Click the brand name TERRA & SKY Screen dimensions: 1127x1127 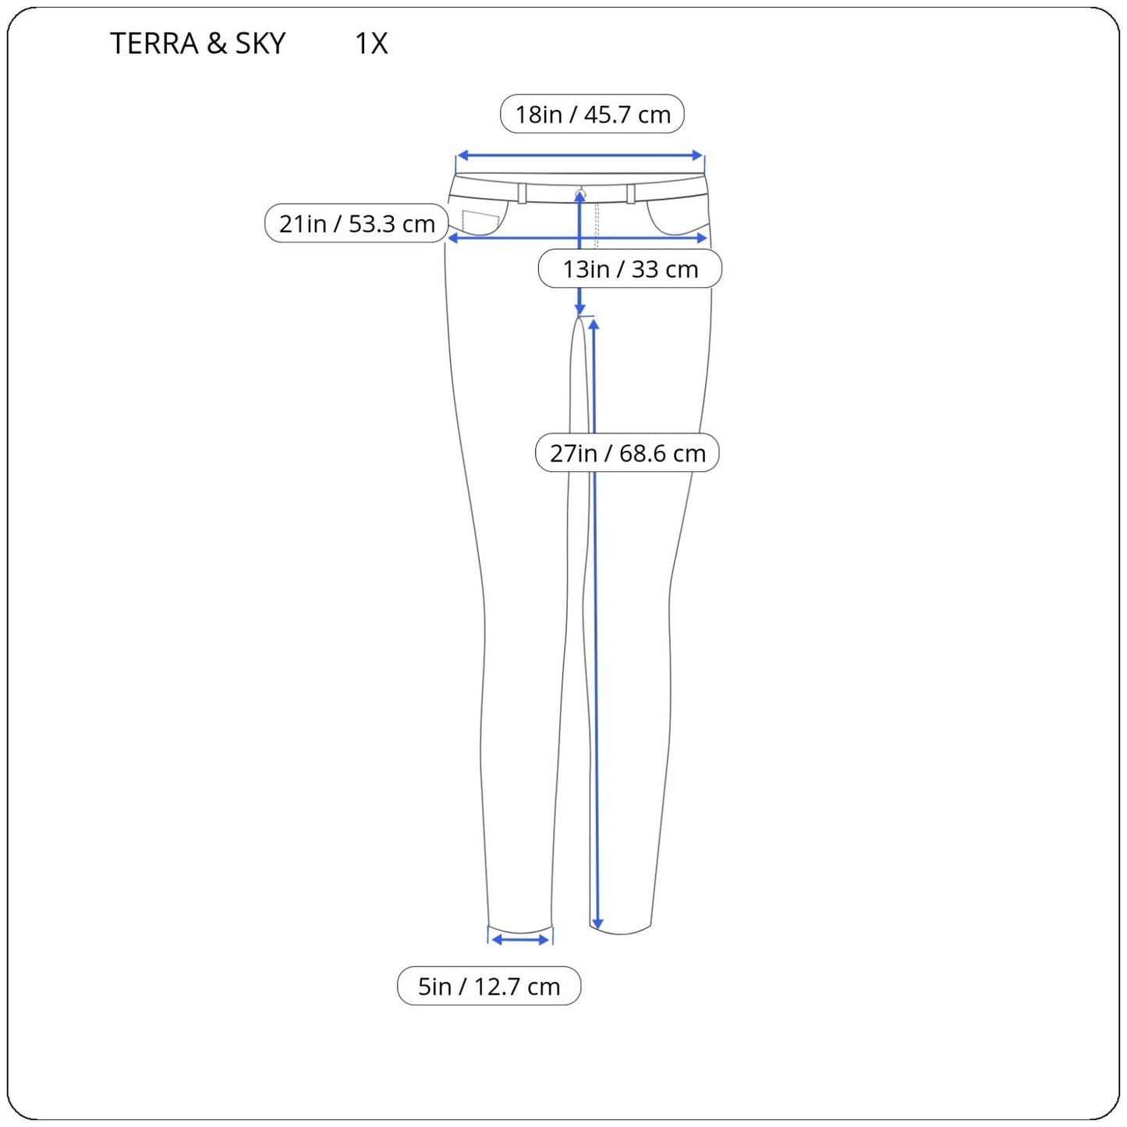tap(197, 43)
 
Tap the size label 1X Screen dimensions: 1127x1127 tap(371, 43)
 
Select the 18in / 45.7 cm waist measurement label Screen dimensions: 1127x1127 tap(592, 114)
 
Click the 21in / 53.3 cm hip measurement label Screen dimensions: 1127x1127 tap(356, 223)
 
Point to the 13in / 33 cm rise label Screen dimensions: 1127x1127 tap(630, 269)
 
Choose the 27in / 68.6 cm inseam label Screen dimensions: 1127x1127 tap(627, 453)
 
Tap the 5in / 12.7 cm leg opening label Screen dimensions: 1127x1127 tap(489, 987)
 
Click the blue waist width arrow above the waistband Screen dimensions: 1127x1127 tap(579, 155)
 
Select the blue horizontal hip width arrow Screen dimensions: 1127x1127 tap(578, 238)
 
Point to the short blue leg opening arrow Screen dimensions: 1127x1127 tap(520, 940)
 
